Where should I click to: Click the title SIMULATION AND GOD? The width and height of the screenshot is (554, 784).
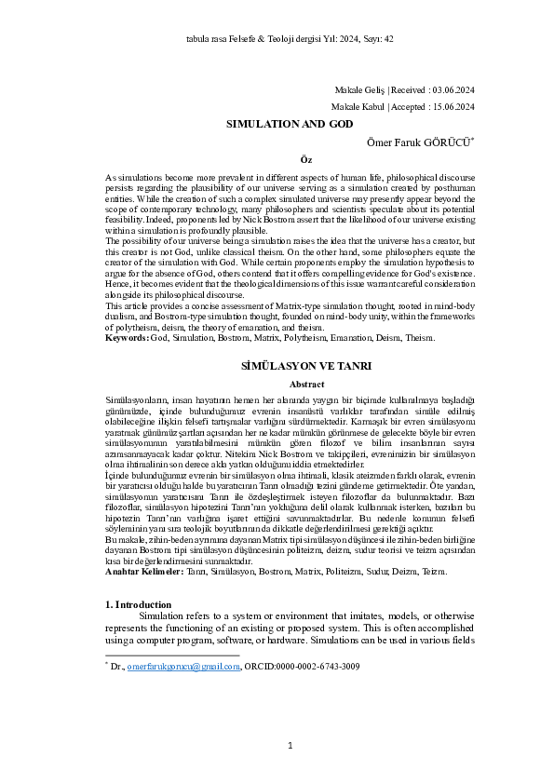(277, 123)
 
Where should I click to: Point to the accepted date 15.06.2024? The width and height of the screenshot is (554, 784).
(453, 107)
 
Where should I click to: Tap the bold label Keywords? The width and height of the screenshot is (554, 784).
(126, 338)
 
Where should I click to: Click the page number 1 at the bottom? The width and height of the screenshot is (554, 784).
(291, 745)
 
